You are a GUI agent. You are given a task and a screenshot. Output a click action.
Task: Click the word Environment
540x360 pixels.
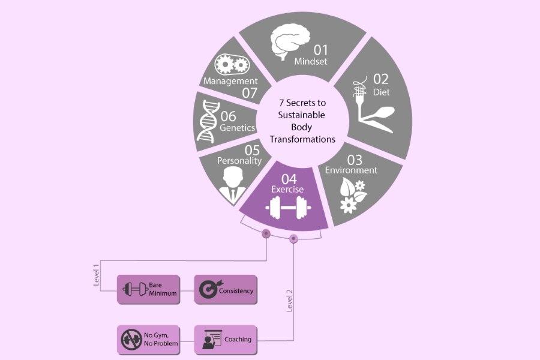(351, 170)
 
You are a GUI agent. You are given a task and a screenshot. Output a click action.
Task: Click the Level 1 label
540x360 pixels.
(97, 274)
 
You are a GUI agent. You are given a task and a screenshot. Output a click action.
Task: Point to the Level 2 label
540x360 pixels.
(289, 300)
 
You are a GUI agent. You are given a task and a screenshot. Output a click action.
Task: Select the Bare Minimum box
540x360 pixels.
(147, 290)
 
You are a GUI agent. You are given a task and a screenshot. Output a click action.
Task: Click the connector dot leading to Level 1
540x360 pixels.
(266, 233)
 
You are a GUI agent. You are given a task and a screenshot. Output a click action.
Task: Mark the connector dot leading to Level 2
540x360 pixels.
(293, 239)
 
